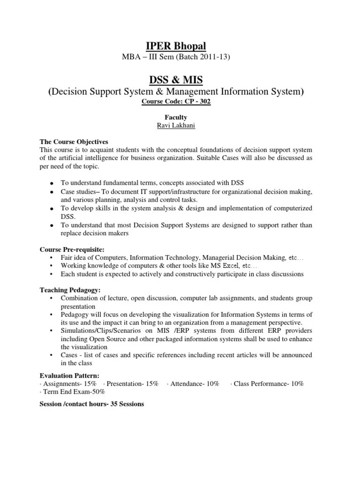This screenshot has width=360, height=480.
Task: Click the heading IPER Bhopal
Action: tap(180, 46)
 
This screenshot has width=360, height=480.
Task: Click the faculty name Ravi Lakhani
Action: tap(180, 125)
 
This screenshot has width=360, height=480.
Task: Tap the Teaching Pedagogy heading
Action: tap(70, 290)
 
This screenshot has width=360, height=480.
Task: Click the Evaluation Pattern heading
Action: tap(69, 375)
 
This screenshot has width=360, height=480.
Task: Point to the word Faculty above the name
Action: tap(180, 117)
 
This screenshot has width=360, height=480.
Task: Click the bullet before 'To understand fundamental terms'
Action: tap(51, 183)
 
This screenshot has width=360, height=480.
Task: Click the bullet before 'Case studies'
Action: tap(51, 193)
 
